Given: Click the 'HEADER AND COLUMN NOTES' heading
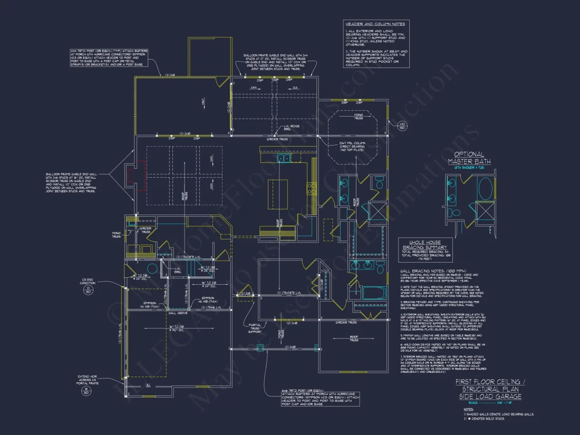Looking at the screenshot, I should (374, 24).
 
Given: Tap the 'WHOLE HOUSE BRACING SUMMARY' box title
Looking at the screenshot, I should (424, 245).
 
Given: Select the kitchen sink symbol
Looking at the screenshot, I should (284, 158).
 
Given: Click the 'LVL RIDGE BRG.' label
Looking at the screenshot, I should (292, 128).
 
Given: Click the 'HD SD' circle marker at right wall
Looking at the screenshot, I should (403, 126).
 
